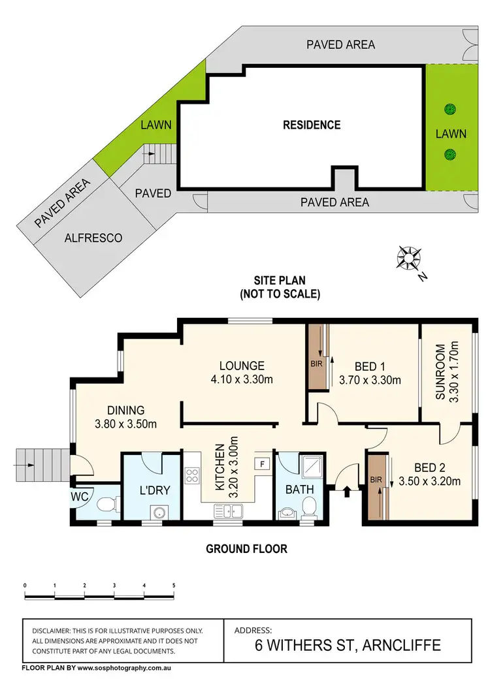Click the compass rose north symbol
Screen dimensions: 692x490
pos(410,259)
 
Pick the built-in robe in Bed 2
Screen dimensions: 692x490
pos(376,488)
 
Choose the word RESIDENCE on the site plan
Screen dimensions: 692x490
pos(312,125)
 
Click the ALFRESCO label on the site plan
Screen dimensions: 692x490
pos(93,238)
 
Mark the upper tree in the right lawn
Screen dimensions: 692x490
pos(449,110)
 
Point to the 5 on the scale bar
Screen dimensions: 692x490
pos(174,585)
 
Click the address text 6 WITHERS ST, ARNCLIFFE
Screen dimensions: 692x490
pos(348,646)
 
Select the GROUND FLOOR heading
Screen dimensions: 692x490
pos(246,549)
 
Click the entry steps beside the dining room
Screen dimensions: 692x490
pos(41,465)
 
